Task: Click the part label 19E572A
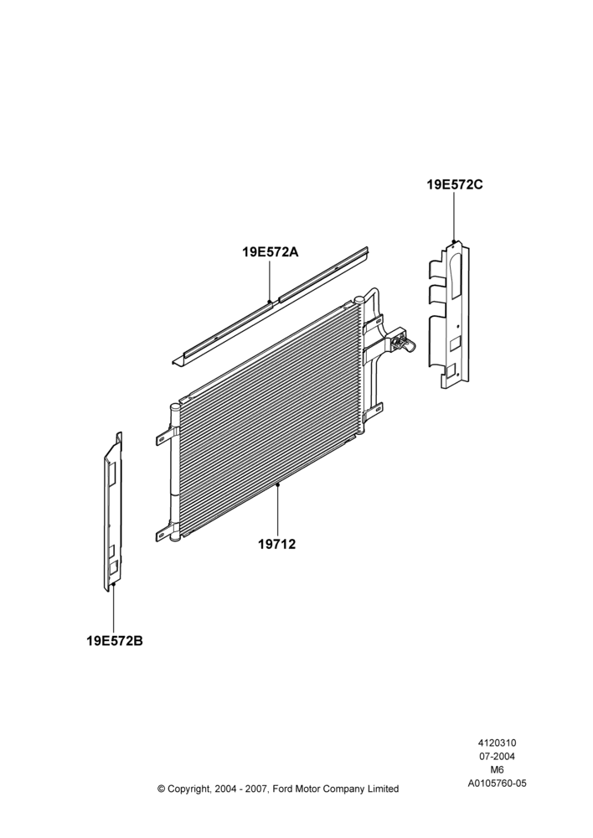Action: coord(270,251)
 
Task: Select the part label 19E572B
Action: coord(115,640)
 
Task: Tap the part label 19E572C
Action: coord(455,185)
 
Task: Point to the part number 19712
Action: coord(276,545)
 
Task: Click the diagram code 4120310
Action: coord(497,742)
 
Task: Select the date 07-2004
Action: coord(497,756)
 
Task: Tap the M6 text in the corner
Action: coord(497,770)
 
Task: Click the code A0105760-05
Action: coord(497,784)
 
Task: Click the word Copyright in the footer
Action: coord(190,789)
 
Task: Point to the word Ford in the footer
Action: coord(283,789)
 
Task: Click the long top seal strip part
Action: coord(271,307)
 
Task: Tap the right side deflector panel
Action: coord(449,315)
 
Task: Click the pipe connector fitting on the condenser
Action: coord(403,340)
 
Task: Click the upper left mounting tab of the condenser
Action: coord(164,438)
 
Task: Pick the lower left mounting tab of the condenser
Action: coord(164,535)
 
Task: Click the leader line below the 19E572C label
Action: coord(454,218)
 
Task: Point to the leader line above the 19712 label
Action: coord(278,510)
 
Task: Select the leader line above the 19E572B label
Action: coord(114,608)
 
